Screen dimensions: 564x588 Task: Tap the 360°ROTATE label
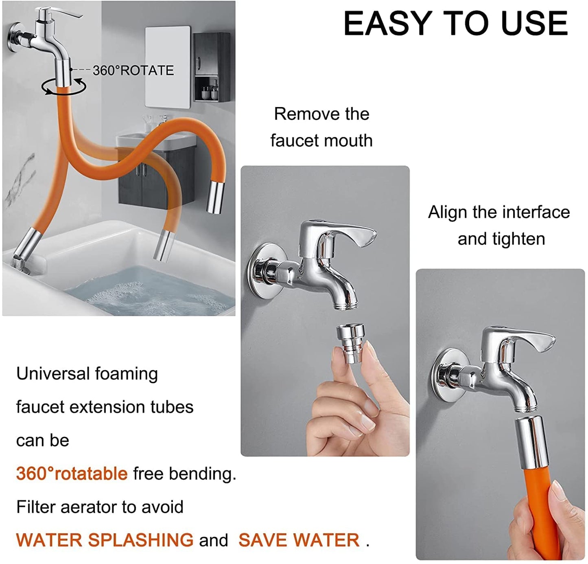(133, 70)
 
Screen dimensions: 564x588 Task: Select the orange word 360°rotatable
(72, 474)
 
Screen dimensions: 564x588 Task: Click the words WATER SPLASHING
(105, 540)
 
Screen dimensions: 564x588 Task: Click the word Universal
(52, 373)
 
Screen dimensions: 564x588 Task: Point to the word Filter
(36, 507)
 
